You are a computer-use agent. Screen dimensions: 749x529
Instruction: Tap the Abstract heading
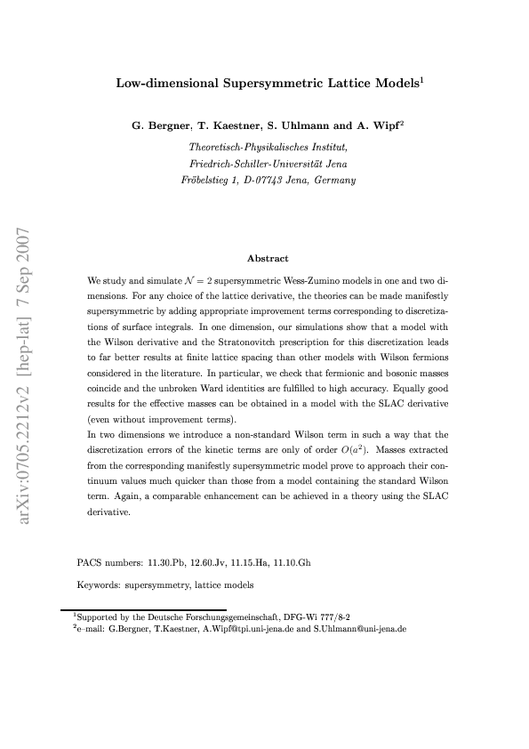pyautogui.click(x=268, y=258)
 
